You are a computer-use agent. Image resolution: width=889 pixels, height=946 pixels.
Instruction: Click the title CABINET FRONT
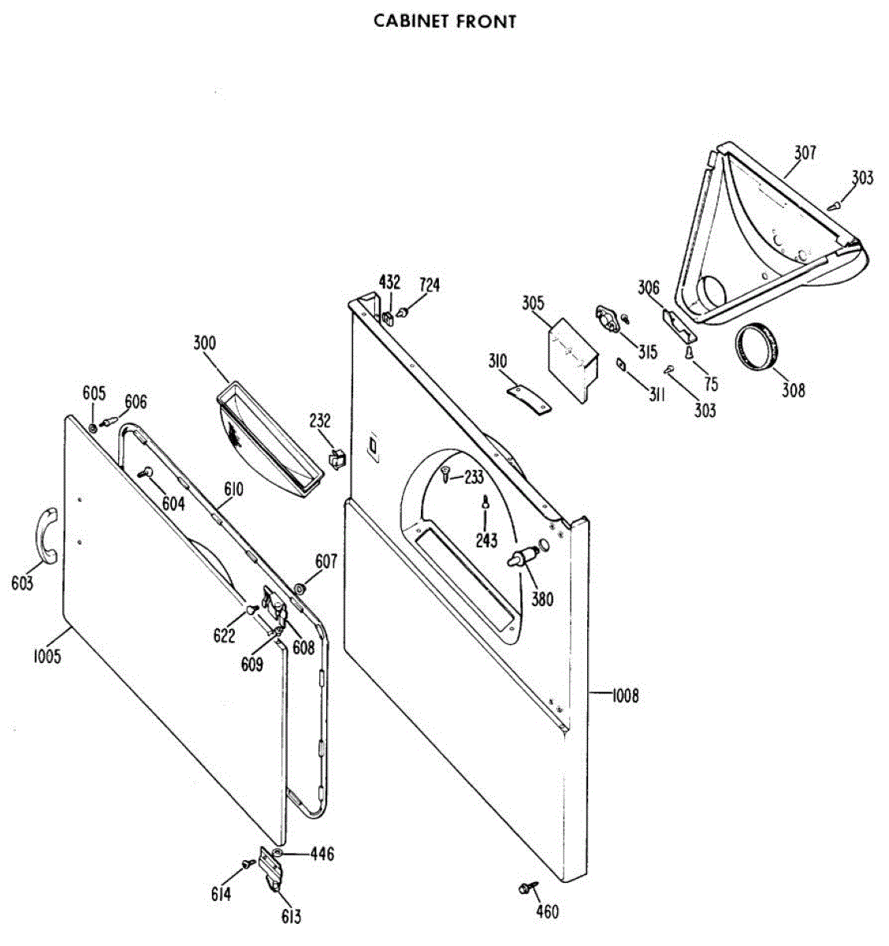click(x=444, y=21)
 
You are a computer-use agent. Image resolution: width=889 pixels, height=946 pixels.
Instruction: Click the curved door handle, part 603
click(x=46, y=535)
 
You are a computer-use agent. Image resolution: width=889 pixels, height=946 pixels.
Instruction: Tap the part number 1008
click(x=624, y=695)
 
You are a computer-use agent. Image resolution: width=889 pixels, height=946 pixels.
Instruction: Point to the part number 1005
click(x=47, y=656)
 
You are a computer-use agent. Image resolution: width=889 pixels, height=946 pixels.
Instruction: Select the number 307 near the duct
click(x=805, y=152)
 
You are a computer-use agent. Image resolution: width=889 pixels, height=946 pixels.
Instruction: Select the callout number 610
click(x=232, y=490)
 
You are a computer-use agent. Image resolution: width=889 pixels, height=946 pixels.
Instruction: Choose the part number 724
click(x=430, y=285)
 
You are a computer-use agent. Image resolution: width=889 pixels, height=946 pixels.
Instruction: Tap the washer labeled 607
click(x=299, y=588)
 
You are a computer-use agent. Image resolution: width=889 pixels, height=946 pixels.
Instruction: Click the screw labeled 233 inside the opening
click(x=446, y=475)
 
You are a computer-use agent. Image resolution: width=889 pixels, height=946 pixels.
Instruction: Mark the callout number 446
click(x=322, y=854)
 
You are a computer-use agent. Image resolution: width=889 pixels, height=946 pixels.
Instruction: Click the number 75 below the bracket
click(x=711, y=384)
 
